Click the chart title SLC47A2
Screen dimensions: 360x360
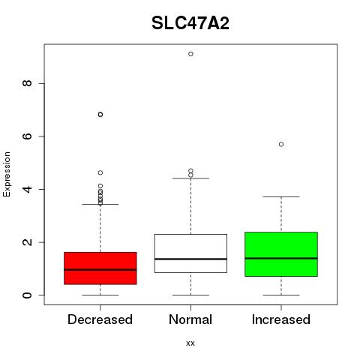190,23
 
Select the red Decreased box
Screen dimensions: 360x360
100,268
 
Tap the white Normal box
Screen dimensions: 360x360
190,253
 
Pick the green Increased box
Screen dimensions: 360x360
281,254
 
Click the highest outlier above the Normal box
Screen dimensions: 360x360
190,54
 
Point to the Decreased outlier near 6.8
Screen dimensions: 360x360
100,115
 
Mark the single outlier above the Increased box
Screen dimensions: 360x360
281,144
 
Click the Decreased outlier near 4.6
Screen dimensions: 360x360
100,172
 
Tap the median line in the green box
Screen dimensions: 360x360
281,258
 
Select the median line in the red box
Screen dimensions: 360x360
100,270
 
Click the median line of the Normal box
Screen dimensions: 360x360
190,259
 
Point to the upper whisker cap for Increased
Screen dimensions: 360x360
281,196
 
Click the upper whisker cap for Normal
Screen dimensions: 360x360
190,178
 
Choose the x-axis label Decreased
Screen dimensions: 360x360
100,319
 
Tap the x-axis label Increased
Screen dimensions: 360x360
281,319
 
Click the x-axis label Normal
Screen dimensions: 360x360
190,319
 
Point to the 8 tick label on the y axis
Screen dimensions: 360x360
27,83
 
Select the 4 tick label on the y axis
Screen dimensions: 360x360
27,189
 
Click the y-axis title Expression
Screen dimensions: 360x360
7,174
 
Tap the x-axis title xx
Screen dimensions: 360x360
190,343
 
